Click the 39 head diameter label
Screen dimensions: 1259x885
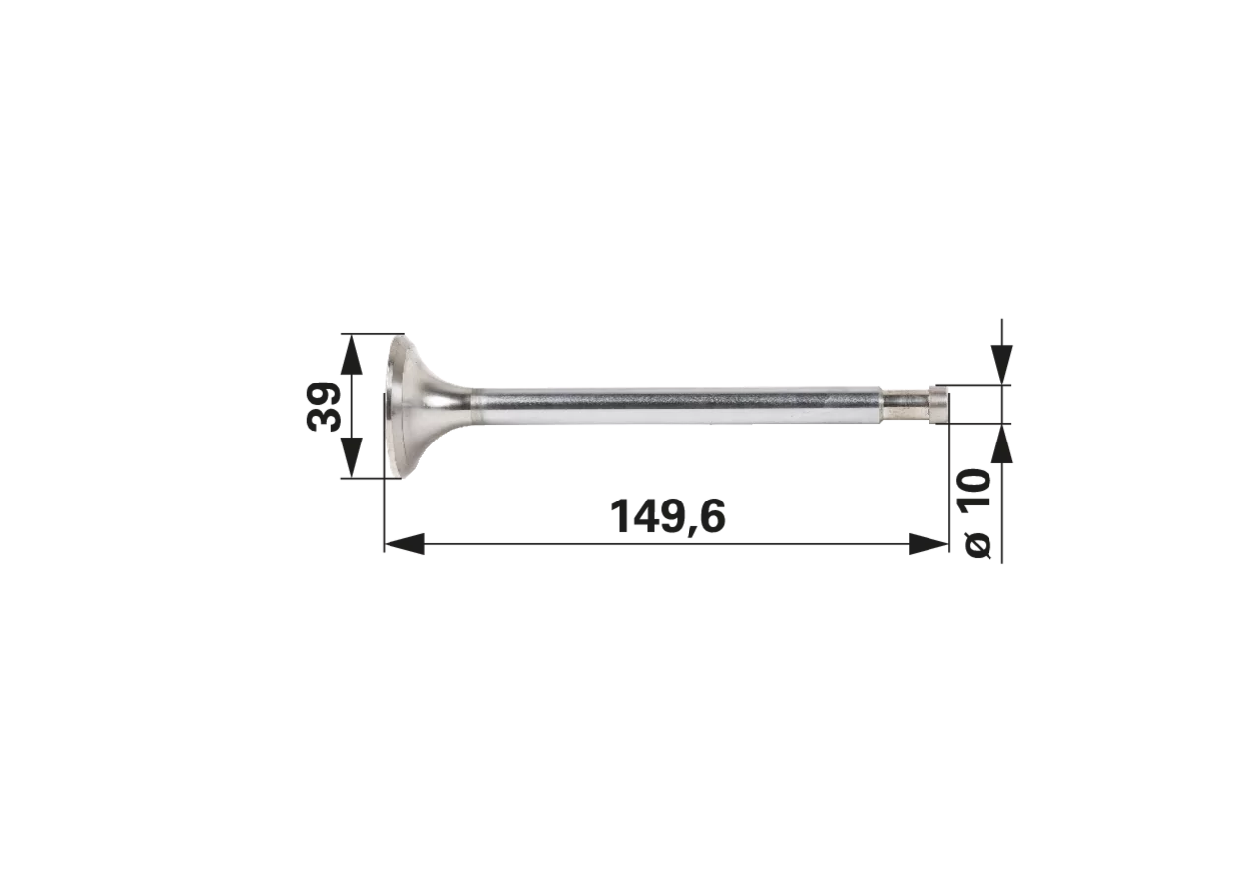pos(325,407)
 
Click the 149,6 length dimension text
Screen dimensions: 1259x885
pos(668,516)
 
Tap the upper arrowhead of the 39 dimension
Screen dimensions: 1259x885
pos(352,354)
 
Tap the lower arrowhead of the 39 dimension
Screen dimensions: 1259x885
pos(352,458)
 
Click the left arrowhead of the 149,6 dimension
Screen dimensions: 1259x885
pos(404,544)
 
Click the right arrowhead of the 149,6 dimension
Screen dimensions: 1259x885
pos(929,544)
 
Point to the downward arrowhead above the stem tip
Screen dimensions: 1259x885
pos(1001,365)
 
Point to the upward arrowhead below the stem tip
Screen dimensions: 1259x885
pos(1001,443)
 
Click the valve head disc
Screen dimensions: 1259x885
pos(396,407)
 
